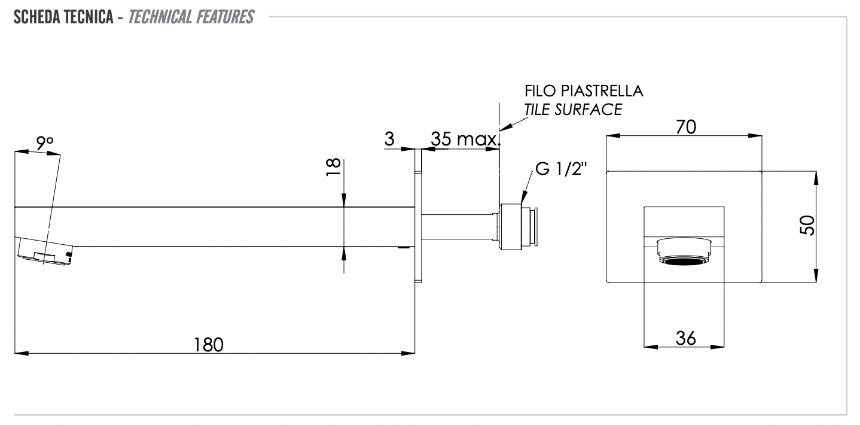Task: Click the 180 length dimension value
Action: [208, 345]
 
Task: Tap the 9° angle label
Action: [44, 142]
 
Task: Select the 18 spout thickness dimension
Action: [334, 166]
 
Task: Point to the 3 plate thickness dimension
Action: [389, 139]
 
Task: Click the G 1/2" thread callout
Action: [562, 169]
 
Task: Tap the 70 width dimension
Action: [685, 127]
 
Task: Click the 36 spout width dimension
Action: [685, 338]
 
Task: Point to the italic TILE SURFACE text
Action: [573, 110]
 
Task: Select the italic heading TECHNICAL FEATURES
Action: [191, 17]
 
